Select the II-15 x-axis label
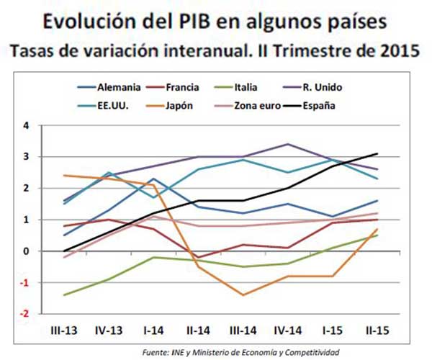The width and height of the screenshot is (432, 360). [x=378, y=331]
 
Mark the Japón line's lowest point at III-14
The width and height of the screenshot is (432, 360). [x=243, y=295]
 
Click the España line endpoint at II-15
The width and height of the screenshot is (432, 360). [x=378, y=153]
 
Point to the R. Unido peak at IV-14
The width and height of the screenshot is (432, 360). [x=288, y=144]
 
